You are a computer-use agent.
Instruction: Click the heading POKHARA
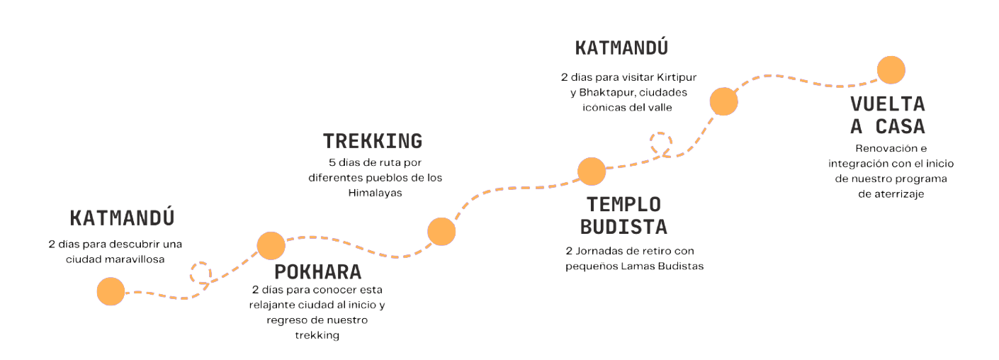[x=317, y=272]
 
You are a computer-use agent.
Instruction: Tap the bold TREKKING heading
[x=372, y=140]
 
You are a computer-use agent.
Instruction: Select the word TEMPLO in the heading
[x=623, y=204]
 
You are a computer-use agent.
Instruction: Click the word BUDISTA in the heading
[x=623, y=227]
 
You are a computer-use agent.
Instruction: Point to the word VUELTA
[x=888, y=104]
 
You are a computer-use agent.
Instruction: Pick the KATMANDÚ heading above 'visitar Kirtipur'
[x=621, y=48]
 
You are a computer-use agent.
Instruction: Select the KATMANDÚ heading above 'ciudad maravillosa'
[x=122, y=217]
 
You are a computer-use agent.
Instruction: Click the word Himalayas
[x=375, y=192]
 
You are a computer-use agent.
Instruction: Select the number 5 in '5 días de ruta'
[x=332, y=162]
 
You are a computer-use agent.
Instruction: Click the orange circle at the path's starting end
[x=111, y=291]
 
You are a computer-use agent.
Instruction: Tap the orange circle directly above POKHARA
[x=271, y=245]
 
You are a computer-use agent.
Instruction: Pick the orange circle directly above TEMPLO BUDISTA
[x=592, y=171]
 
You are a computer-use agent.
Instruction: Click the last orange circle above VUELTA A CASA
[x=891, y=70]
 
